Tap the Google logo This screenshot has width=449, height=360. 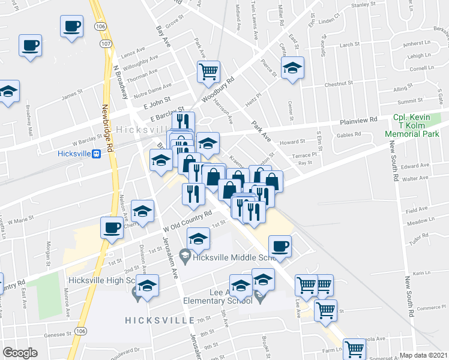(20, 353)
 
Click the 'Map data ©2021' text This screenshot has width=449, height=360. (424, 355)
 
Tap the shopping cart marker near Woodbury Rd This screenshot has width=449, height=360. (208, 71)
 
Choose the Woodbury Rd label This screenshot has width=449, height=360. (217, 89)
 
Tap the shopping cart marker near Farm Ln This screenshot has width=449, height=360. (354, 349)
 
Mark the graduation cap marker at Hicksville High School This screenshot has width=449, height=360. (147, 286)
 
